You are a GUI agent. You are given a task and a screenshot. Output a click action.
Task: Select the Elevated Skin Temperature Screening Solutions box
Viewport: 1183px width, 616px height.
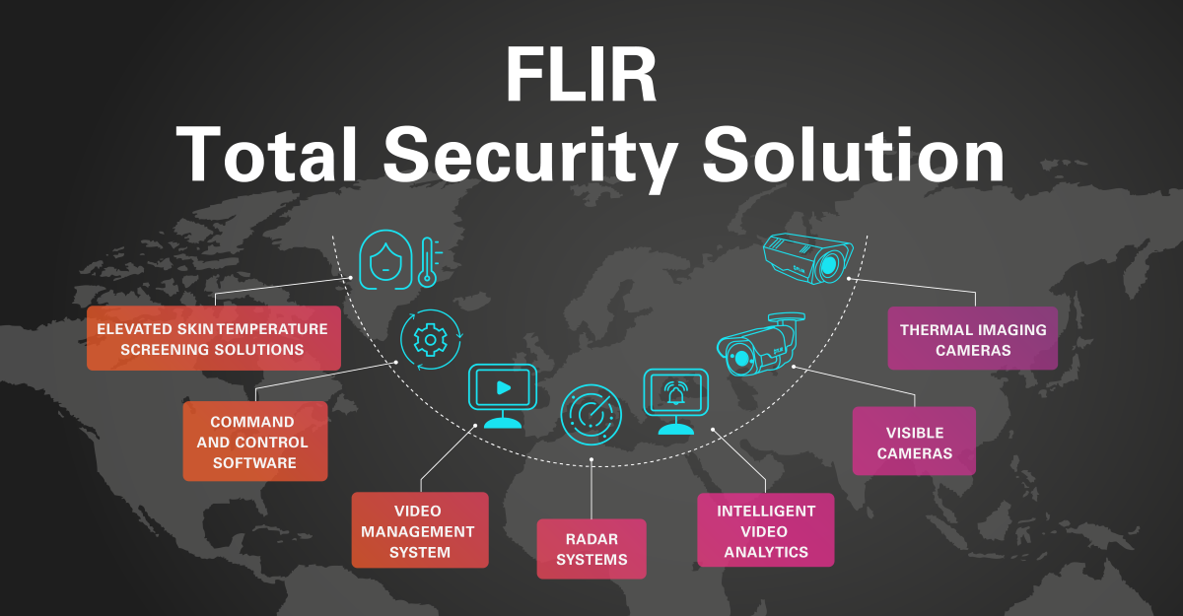213,338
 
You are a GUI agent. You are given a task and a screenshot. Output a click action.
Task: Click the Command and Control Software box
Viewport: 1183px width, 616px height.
255,442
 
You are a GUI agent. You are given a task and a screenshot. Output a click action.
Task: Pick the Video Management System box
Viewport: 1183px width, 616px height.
419,530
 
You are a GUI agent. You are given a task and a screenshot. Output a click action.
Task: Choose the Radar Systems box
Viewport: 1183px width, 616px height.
591,549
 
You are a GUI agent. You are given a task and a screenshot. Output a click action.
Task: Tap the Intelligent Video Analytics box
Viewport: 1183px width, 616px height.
765,530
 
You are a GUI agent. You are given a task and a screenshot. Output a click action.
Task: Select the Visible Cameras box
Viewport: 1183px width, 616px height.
914,443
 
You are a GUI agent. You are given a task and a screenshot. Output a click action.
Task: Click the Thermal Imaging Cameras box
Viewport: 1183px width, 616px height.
972,338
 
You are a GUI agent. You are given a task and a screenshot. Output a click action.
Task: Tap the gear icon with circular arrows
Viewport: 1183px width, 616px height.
430,340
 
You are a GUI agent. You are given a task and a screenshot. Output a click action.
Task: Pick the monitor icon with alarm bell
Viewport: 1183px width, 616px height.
675,399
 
